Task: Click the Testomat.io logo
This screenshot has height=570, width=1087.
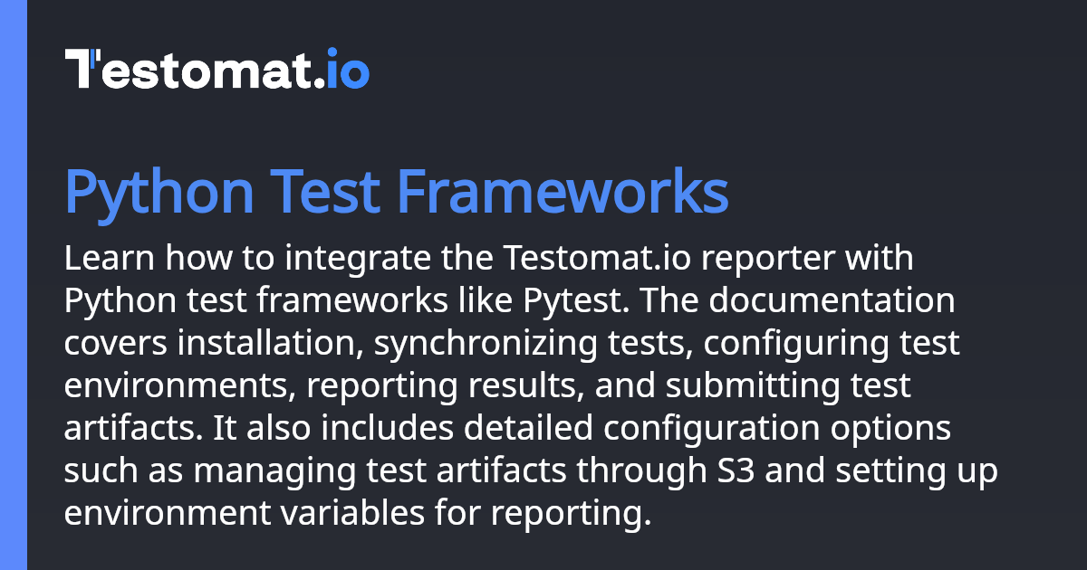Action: point(216,69)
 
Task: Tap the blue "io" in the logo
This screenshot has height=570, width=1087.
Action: point(348,69)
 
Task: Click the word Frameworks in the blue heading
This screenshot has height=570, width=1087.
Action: point(563,191)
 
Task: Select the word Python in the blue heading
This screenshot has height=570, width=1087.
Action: point(159,194)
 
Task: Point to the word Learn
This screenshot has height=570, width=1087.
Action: point(110,257)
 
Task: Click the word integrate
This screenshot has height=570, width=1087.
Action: point(358,261)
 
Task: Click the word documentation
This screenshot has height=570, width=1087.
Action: point(832,300)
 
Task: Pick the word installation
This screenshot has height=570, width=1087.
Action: point(270,343)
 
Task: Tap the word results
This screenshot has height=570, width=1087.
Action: point(526,385)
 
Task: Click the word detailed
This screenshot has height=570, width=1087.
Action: point(528,427)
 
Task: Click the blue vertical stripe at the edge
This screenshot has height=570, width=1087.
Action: point(14,285)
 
